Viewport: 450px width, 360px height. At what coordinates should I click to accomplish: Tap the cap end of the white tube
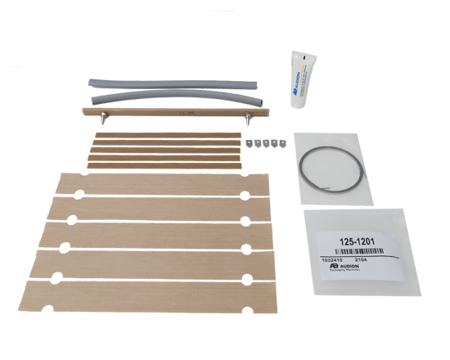pos(297,57)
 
